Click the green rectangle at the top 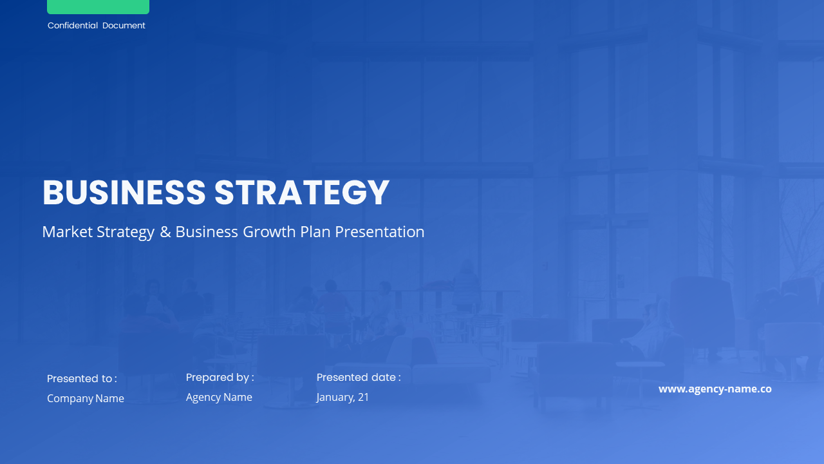[x=98, y=6]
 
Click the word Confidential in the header [x=73, y=26]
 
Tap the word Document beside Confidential [x=124, y=26]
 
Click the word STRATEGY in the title [x=302, y=193]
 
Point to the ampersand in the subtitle [x=165, y=232]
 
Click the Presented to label [x=82, y=379]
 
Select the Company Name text [x=86, y=399]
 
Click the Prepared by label [x=220, y=378]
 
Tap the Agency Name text [x=219, y=398]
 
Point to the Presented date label [x=359, y=378]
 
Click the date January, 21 [x=342, y=398]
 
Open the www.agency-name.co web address [x=715, y=389]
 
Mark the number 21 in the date [x=363, y=398]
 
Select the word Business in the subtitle [x=207, y=232]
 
